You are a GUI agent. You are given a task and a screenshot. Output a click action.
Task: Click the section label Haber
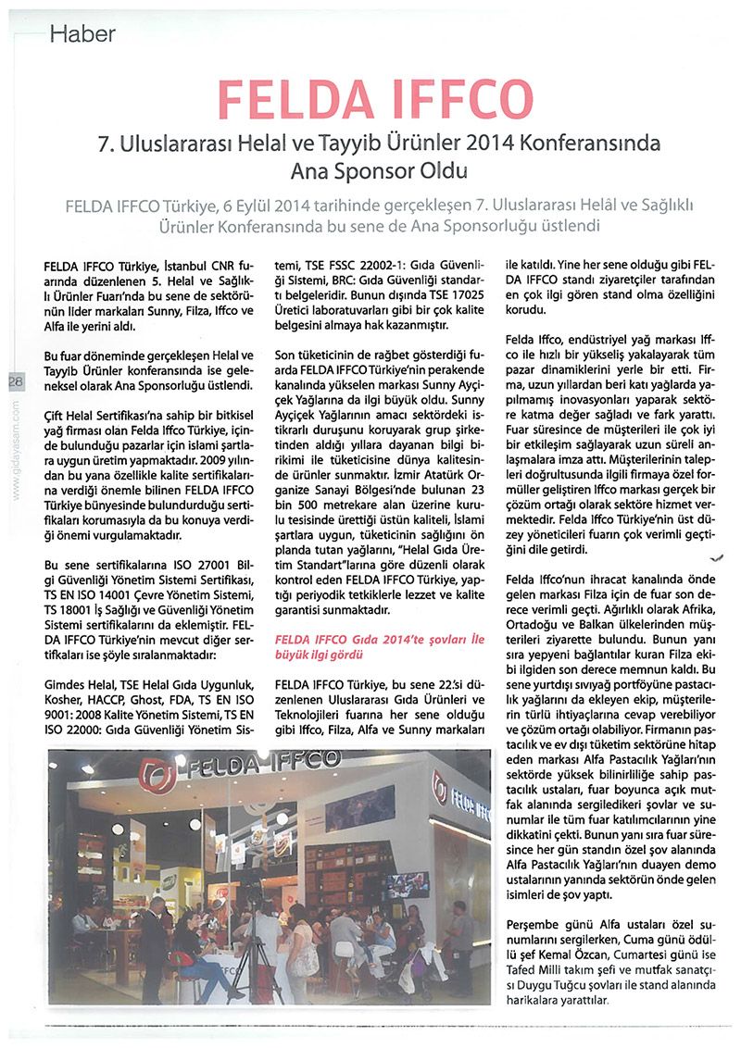82,35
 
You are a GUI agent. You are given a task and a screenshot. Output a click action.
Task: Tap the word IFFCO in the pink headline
463,99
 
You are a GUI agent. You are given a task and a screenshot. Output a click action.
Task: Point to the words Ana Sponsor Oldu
370,171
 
